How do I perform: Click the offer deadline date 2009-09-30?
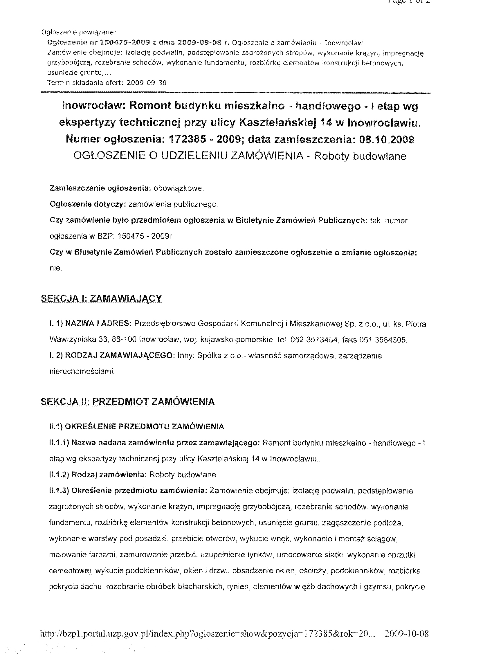(147, 83)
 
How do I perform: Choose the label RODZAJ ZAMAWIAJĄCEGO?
(120, 356)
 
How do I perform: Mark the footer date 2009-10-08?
(407, 634)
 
